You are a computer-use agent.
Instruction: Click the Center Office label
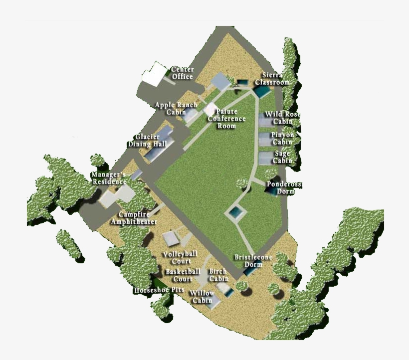coord(182,73)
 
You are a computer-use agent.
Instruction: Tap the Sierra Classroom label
coord(272,78)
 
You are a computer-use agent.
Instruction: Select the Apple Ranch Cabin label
coord(176,108)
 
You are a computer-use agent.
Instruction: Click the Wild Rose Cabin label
coord(282,118)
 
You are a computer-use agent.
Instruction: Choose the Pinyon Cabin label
coord(282,138)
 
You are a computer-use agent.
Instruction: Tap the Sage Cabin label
coord(282,157)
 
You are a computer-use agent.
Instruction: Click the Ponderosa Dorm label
coord(284,187)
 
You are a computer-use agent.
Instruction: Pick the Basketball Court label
coord(183,275)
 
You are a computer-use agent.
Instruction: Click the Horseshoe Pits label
coord(159,290)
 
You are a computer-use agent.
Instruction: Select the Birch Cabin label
coord(218,275)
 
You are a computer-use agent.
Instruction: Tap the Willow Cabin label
coord(202,297)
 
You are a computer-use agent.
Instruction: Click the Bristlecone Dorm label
coord(253,260)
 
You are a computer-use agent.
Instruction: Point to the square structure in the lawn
coord(235,213)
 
